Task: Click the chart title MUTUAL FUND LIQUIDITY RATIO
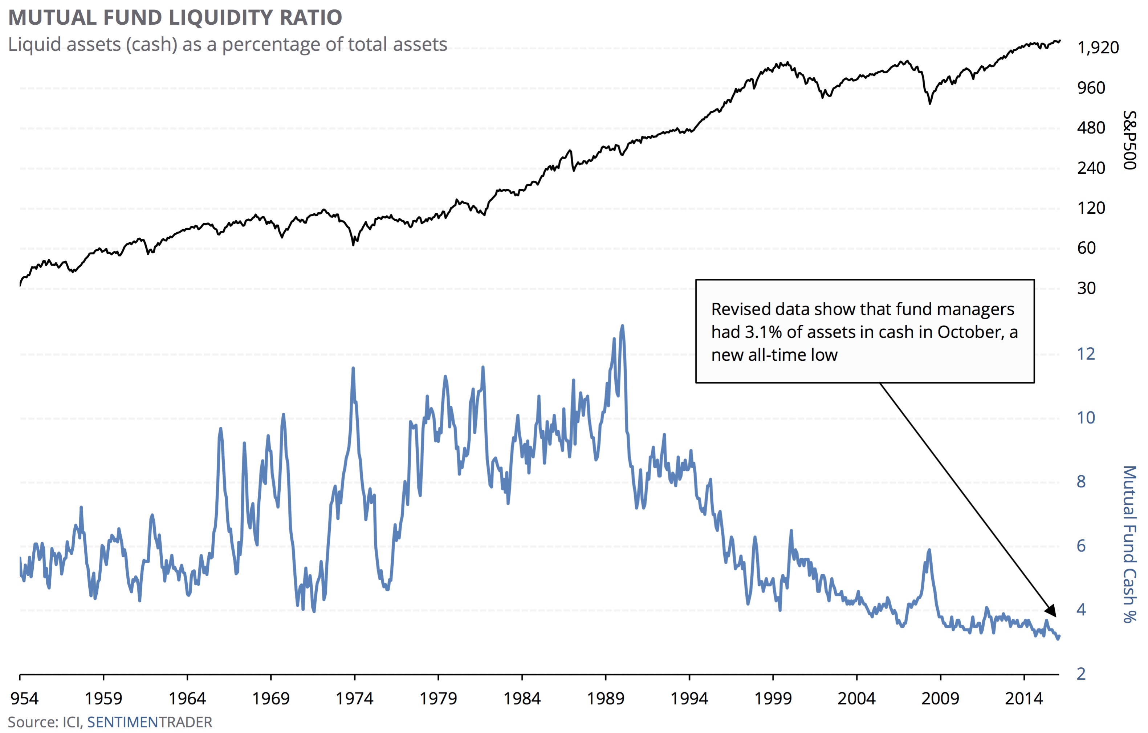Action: [175, 18]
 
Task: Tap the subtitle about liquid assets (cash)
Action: [227, 44]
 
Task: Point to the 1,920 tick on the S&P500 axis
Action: [1098, 48]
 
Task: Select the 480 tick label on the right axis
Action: [1091, 128]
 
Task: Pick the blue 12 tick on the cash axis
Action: [1086, 354]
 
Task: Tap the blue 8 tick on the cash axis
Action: [1081, 482]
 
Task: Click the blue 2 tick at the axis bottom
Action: [1081, 674]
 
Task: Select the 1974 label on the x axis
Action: [354, 699]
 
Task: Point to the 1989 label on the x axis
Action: [606, 699]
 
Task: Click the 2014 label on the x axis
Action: [1024, 699]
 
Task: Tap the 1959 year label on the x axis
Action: [103, 699]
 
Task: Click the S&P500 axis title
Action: [1129, 140]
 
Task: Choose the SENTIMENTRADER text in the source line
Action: [149, 722]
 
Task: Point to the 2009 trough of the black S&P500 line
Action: [930, 103]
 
